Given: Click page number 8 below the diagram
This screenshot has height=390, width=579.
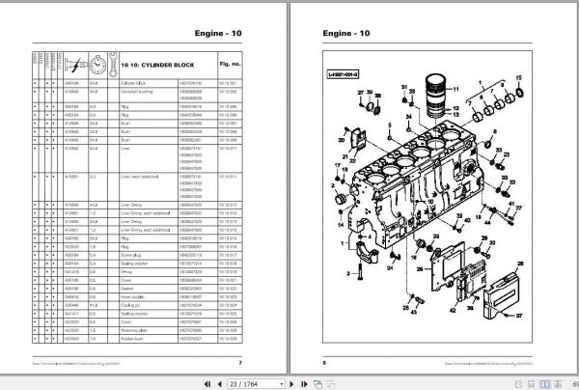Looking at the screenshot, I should pyautogui.click(x=322, y=362).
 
